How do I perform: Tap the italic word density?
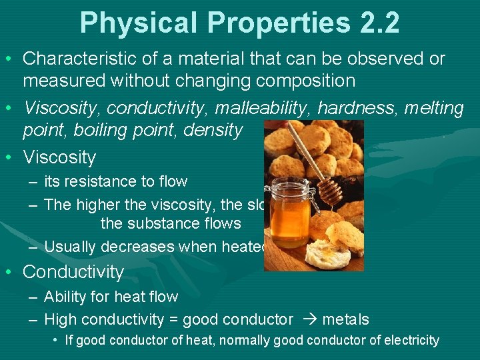214,129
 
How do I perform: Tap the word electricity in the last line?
411,340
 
